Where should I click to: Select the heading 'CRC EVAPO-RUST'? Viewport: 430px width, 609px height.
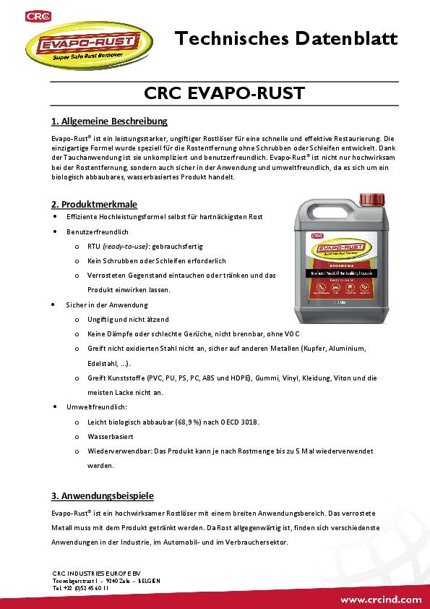tap(214, 93)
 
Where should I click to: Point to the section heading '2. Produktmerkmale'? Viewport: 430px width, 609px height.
tap(94, 204)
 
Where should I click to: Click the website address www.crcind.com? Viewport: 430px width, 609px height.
tap(381, 600)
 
